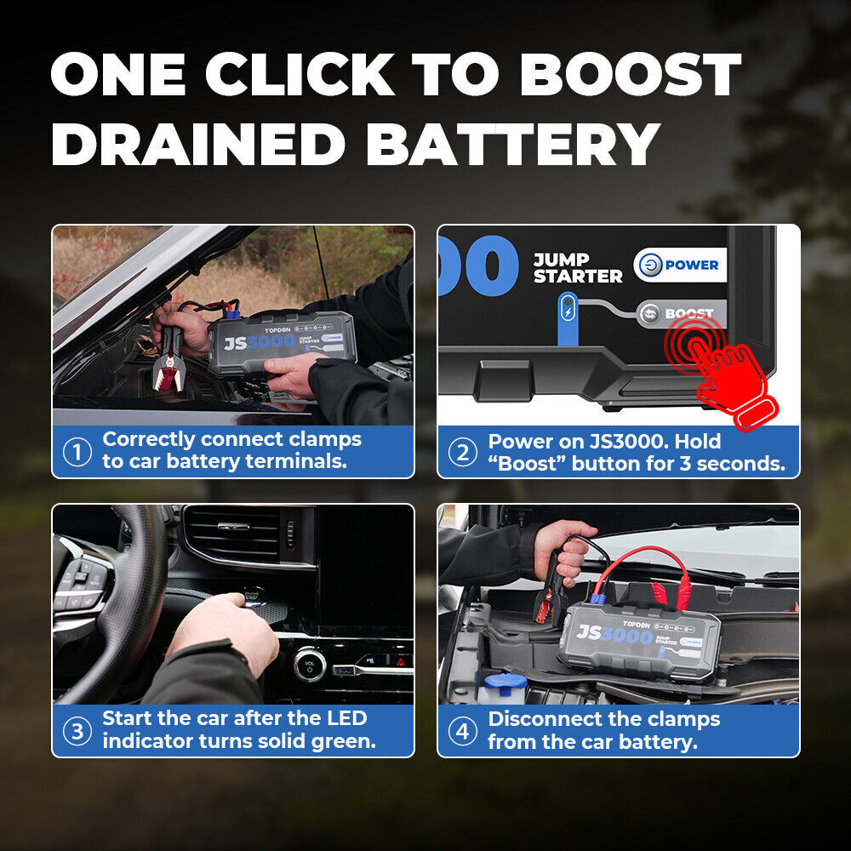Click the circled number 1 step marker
(77, 452)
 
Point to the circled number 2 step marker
(462, 452)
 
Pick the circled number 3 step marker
(77, 731)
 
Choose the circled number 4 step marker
(462, 731)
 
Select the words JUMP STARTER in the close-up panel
(577, 268)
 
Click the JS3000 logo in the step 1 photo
(260, 341)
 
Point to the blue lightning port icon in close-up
(568, 308)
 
